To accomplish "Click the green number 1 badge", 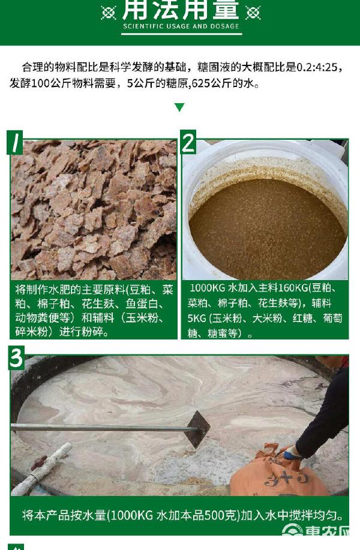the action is click(x=15, y=142).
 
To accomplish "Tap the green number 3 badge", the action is click(x=16, y=358).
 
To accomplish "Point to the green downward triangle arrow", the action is click(x=179, y=107).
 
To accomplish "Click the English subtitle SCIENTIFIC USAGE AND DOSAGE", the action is click(x=181, y=26).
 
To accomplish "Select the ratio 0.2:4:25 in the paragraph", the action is click(x=317, y=67).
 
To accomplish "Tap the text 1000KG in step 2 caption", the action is click(x=208, y=288).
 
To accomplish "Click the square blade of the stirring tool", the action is click(x=197, y=429).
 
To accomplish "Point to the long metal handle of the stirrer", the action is click(x=102, y=427).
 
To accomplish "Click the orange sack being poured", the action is click(x=277, y=472).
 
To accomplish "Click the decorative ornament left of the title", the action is click(x=109, y=13).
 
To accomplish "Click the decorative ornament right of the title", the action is click(x=253, y=13).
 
